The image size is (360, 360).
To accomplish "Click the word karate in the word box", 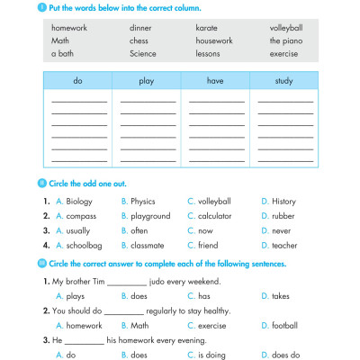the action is (x=206, y=28).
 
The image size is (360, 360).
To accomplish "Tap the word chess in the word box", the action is (x=139, y=40).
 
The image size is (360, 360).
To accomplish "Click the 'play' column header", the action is (x=146, y=81).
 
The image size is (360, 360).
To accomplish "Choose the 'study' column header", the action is (x=284, y=81).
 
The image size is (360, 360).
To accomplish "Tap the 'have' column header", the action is (x=214, y=81).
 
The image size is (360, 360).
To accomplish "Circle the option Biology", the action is (x=79, y=202).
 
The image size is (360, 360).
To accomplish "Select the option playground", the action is (x=150, y=216).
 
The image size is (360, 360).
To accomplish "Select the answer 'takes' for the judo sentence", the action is (x=282, y=295).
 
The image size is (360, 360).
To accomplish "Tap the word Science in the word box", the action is (x=142, y=53).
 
